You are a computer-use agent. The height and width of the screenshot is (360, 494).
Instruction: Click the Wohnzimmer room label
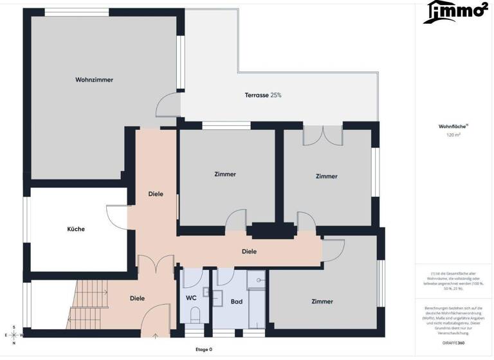[94, 80]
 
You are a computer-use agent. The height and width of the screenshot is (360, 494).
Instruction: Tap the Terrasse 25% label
[263, 95]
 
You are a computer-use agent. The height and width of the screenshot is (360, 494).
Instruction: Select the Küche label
[76, 229]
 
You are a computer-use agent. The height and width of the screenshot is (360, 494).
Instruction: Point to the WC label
[191, 298]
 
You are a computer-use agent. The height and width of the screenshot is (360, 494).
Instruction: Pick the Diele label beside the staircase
[137, 298]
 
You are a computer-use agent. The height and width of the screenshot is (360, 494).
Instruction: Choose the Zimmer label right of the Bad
[322, 301]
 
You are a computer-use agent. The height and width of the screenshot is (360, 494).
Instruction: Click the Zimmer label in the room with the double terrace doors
[327, 175]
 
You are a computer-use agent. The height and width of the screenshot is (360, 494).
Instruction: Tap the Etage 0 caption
[203, 350]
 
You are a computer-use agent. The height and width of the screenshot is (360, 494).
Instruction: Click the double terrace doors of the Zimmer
[323, 135]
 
